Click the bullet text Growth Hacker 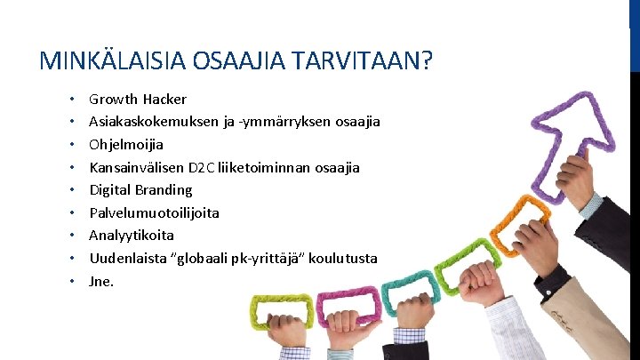(x=138, y=99)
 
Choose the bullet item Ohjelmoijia (x=126, y=144)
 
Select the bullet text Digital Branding (x=140, y=189)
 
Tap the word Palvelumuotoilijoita (x=154, y=212)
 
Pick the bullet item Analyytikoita (x=132, y=235)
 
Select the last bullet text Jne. (x=101, y=281)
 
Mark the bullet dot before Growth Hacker (x=69, y=99)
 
